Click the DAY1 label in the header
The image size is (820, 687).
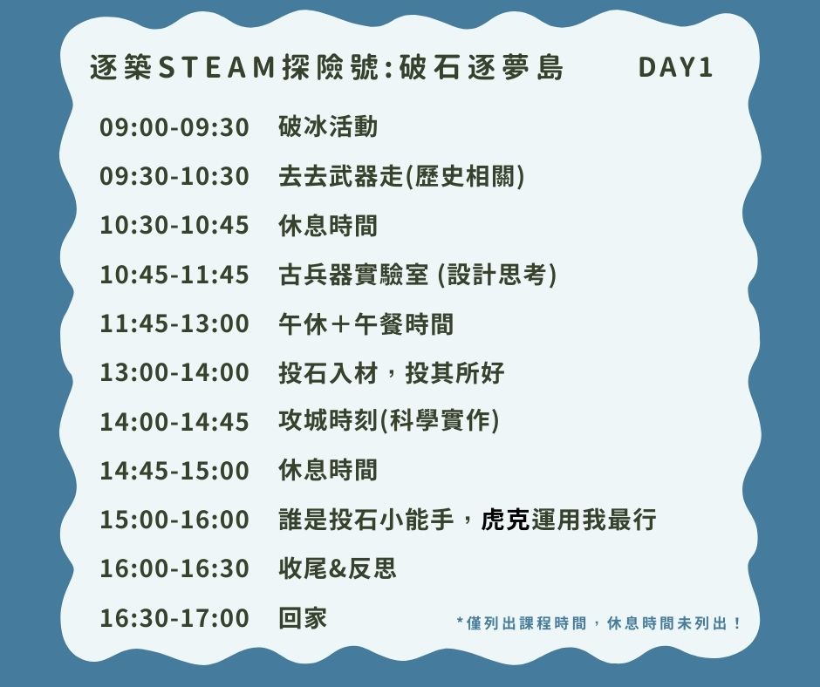(x=676, y=67)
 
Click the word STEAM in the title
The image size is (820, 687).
(x=216, y=67)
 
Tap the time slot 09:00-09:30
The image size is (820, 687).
(x=174, y=127)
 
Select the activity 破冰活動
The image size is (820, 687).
(x=328, y=127)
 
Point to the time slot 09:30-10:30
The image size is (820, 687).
(x=174, y=177)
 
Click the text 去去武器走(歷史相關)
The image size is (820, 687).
(x=401, y=176)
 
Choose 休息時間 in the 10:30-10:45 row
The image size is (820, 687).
(x=328, y=225)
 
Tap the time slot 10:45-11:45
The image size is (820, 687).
(x=174, y=275)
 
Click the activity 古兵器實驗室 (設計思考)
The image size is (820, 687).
(x=417, y=275)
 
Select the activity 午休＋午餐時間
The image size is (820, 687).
(x=366, y=323)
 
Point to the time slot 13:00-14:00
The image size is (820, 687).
(x=174, y=373)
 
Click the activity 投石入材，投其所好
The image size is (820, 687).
(x=391, y=373)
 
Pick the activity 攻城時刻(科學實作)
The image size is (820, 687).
(x=389, y=421)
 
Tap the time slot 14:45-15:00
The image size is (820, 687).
(x=174, y=471)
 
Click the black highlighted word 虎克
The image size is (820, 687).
(x=505, y=519)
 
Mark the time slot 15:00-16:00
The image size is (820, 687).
(x=174, y=520)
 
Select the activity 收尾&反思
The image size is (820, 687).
(x=338, y=568)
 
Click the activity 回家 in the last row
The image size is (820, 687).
(x=303, y=617)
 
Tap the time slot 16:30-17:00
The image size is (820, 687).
(x=174, y=618)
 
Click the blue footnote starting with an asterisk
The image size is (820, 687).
(x=598, y=623)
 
